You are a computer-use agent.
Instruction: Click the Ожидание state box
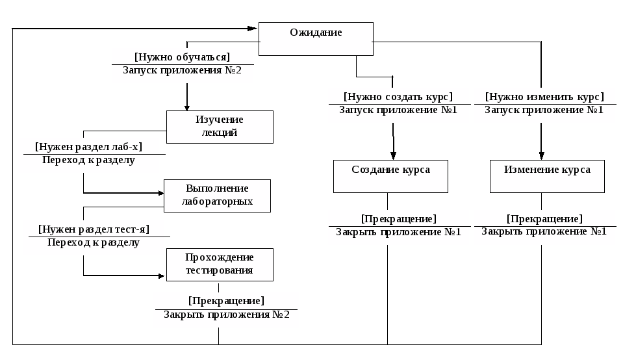pyautogui.click(x=316, y=38)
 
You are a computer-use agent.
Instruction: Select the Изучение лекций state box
pyautogui.click(x=220, y=127)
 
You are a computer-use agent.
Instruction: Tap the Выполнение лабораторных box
pyautogui.click(x=217, y=196)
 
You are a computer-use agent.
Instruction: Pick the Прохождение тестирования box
pyautogui.click(x=220, y=264)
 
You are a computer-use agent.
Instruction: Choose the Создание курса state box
pyautogui.click(x=390, y=176)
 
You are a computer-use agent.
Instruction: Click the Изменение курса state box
pyautogui.click(x=547, y=176)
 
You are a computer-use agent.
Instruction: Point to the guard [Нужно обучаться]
pyautogui.click(x=182, y=57)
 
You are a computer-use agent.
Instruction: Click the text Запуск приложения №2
pyautogui.click(x=182, y=71)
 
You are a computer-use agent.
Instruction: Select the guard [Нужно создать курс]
pyautogui.click(x=398, y=97)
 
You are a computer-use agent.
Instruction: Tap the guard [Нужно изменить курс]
pyautogui.click(x=544, y=97)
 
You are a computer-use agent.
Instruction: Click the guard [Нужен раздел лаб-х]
pyautogui.click(x=88, y=147)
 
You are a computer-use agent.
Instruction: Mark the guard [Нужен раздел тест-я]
pyautogui.click(x=94, y=229)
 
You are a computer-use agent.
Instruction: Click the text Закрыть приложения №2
pyautogui.click(x=226, y=315)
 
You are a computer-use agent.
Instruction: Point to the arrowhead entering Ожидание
pyautogui.click(x=253, y=29)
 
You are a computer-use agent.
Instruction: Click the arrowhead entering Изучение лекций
pyautogui.click(x=187, y=107)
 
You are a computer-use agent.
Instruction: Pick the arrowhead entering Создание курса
pyautogui.click(x=393, y=156)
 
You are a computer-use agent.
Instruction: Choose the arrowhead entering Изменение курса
pyautogui.click(x=541, y=156)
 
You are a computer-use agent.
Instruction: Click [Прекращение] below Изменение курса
pyautogui.click(x=544, y=219)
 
